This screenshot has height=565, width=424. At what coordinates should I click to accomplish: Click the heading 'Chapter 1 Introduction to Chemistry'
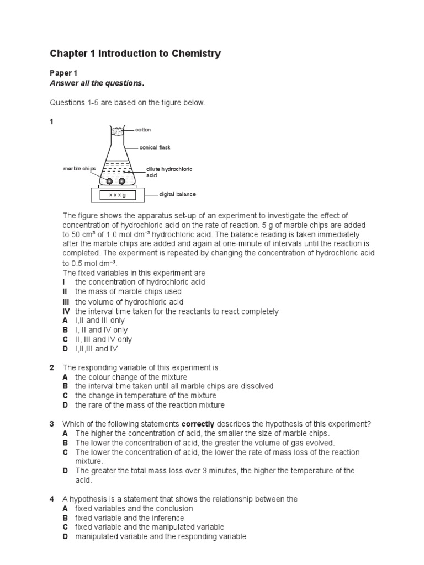[135, 54]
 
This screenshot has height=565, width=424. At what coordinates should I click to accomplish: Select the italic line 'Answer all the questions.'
[97, 84]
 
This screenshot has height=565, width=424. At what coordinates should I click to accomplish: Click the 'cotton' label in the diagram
[143, 130]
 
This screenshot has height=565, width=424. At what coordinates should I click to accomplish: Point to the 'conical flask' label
[156, 147]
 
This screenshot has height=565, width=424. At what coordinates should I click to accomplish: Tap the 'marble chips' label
[79, 169]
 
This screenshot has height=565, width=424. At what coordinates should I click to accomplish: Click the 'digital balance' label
[177, 194]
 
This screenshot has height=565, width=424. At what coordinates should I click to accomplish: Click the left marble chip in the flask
[109, 181]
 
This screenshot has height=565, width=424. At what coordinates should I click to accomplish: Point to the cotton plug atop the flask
[117, 131]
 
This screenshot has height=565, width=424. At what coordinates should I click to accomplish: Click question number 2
[52, 367]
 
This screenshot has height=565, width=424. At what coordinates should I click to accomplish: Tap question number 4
[52, 499]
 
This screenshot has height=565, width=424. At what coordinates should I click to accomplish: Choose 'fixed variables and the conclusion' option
[134, 508]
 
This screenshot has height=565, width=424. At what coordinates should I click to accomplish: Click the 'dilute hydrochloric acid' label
[169, 172]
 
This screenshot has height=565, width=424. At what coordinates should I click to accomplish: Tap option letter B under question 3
[65, 443]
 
